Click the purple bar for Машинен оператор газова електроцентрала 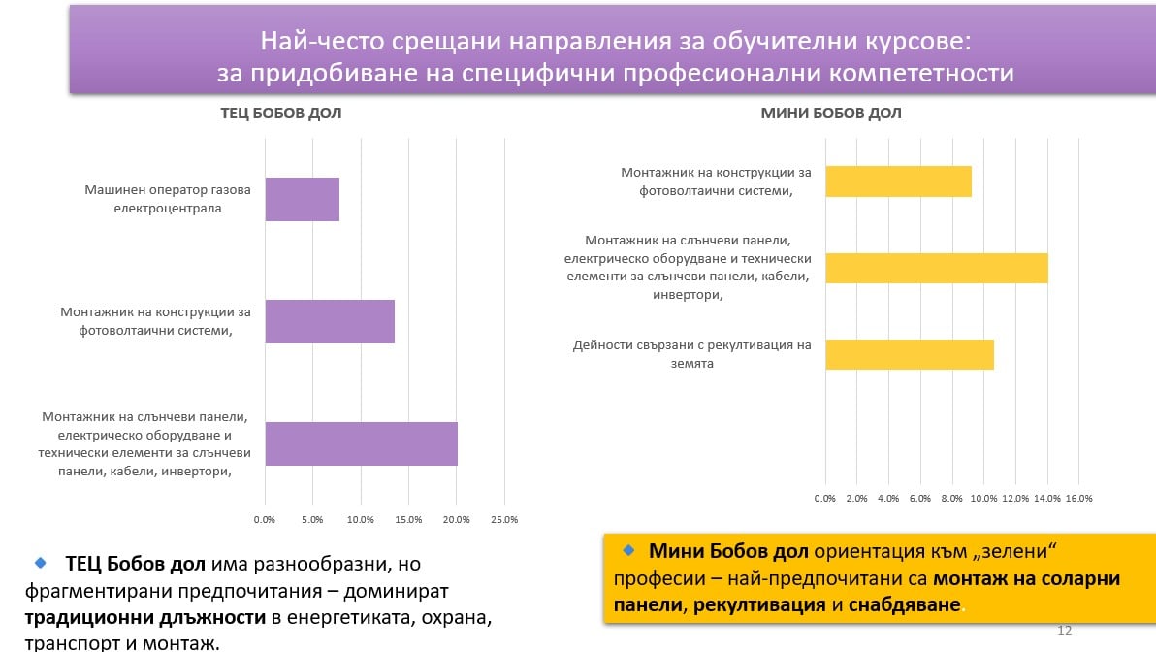(302, 200)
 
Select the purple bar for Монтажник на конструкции (330, 321)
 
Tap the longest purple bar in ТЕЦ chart (361, 443)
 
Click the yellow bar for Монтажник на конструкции (898, 181)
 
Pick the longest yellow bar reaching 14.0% (936, 268)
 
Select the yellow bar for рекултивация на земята (909, 354)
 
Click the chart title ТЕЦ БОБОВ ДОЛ (281, 114)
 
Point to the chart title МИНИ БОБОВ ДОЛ (831, 114)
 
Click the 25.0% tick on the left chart (504, 519)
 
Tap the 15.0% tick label (408, 519)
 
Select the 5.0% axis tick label (312, 519)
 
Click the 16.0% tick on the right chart (1078, 498)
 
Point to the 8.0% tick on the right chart (951, 498)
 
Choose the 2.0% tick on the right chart (856, 498)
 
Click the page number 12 (1064, 631)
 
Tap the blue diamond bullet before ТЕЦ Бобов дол (40, 562)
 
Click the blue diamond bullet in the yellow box (628, 550)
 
